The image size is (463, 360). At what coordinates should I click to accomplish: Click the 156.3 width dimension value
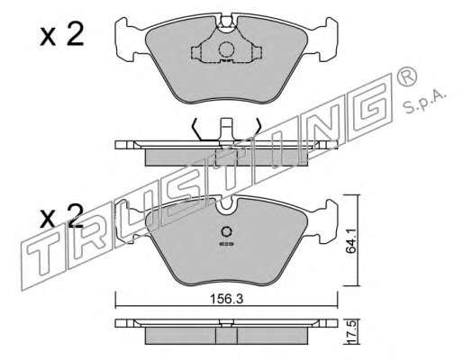[x=226, y=299]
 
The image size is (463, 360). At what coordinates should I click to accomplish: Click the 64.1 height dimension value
[x=350, y=240]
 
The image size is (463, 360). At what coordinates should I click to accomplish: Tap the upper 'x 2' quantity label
[x=61, y=35]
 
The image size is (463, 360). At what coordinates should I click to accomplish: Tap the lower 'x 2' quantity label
[x=61, y=216]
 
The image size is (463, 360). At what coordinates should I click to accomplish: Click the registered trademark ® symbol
[x=406, y=78]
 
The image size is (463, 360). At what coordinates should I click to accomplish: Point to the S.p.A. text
[x=424, y=102]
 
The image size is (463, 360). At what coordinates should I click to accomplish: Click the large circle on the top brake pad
[x=226, y=49]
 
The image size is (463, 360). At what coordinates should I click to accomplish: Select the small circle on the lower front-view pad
[x=226, y=231]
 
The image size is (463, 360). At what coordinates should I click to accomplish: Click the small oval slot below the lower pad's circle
[x=226, y=245]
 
